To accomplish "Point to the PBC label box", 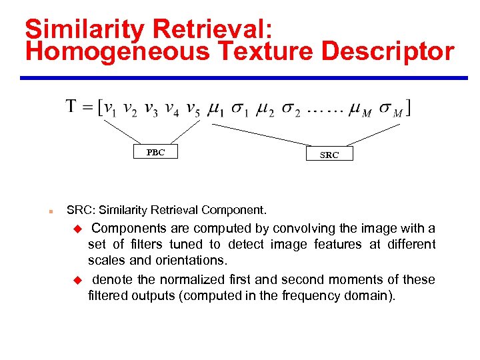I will tap(155, 152).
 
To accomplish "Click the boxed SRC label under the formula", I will tap(329, 155).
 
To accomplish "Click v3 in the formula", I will tap(152, 108).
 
